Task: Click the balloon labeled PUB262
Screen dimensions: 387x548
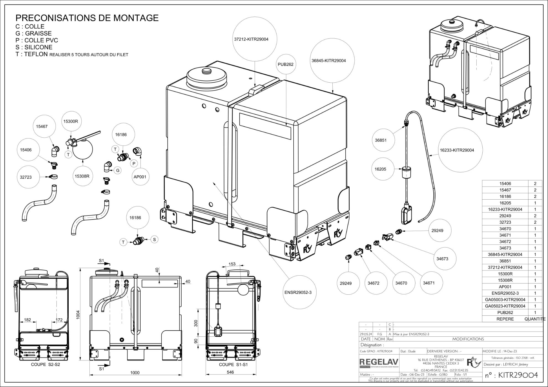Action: (x=285, y=64)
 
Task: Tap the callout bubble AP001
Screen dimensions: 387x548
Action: (x=140, y=177)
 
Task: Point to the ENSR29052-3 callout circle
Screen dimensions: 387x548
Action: (x=298, y=292)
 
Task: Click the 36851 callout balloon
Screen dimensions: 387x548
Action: (x=381, y=140)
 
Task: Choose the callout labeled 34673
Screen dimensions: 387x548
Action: (x=442, y=259)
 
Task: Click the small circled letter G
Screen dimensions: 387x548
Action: (x=118, y=171)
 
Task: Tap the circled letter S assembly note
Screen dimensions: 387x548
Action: (x=154, y=239)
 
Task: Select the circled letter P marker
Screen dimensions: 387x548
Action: (x=134, y=164)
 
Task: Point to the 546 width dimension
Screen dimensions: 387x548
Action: (x=230, y=372)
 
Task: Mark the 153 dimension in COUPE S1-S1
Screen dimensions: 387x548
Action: (x=232, y=264)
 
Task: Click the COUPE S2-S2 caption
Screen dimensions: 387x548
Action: (x=45, y=364)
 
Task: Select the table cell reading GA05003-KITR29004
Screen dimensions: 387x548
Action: (x=505, y=300)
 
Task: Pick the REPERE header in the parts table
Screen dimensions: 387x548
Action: (x=505, y=319)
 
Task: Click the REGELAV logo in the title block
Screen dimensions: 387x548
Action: (x=379, y=362)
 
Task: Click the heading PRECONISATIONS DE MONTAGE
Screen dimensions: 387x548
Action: (x=87, y=18)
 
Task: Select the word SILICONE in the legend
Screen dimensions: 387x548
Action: (x=38, y=47)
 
